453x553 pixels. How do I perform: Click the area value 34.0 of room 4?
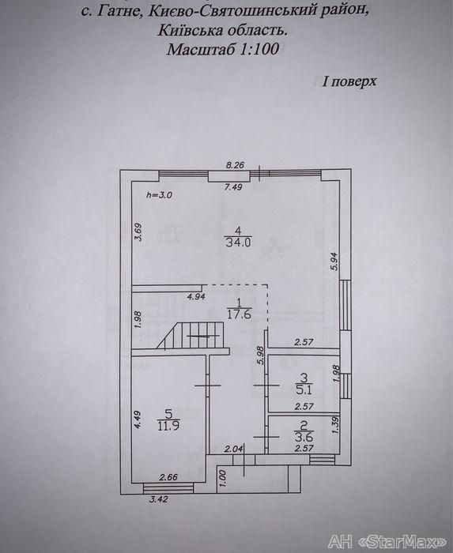238,243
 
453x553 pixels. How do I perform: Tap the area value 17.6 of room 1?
239,314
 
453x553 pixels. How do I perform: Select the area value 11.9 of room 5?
168,425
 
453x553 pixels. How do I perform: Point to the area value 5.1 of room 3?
304,390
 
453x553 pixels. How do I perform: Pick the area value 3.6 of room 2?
304,438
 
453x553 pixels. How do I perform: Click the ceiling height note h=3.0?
159,194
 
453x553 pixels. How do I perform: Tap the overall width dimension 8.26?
236,164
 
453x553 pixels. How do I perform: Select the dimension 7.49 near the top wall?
233,187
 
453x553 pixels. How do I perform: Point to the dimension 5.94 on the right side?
334,261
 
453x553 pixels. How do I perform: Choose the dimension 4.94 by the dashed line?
196,296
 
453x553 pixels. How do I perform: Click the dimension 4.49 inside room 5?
138,419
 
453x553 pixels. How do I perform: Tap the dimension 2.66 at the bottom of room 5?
168,477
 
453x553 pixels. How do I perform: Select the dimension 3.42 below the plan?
158,499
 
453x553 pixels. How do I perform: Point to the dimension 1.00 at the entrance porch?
223,479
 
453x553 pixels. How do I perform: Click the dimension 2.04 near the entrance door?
234,449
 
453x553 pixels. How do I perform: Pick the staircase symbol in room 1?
191,337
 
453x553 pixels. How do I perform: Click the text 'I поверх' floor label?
349,82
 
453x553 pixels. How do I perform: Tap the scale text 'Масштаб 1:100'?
223,49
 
